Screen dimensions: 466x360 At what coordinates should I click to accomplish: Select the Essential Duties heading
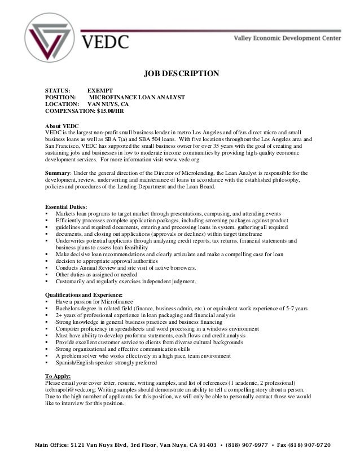coord(66,206)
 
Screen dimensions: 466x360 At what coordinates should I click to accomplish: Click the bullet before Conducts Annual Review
coord(47,267)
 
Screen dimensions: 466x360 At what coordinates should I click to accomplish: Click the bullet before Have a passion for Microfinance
coord(47,302)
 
